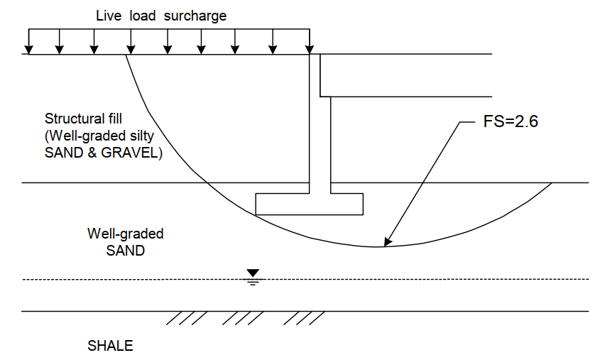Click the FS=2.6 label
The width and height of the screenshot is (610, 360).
coord(506,121)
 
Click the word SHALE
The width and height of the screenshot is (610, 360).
coord(110,347)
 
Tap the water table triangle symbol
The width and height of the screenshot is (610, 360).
coord(252,273)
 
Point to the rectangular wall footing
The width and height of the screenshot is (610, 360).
coord(309,204)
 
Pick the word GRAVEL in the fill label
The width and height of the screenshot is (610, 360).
coord(137,153)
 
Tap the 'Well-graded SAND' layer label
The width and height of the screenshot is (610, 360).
coord(115,241)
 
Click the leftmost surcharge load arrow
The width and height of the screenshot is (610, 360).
coord(28,42)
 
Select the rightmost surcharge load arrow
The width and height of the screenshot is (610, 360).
coord(310,42)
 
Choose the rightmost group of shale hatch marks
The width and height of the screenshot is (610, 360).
coord(307,318)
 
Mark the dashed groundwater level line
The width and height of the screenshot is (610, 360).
coord(426,279)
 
